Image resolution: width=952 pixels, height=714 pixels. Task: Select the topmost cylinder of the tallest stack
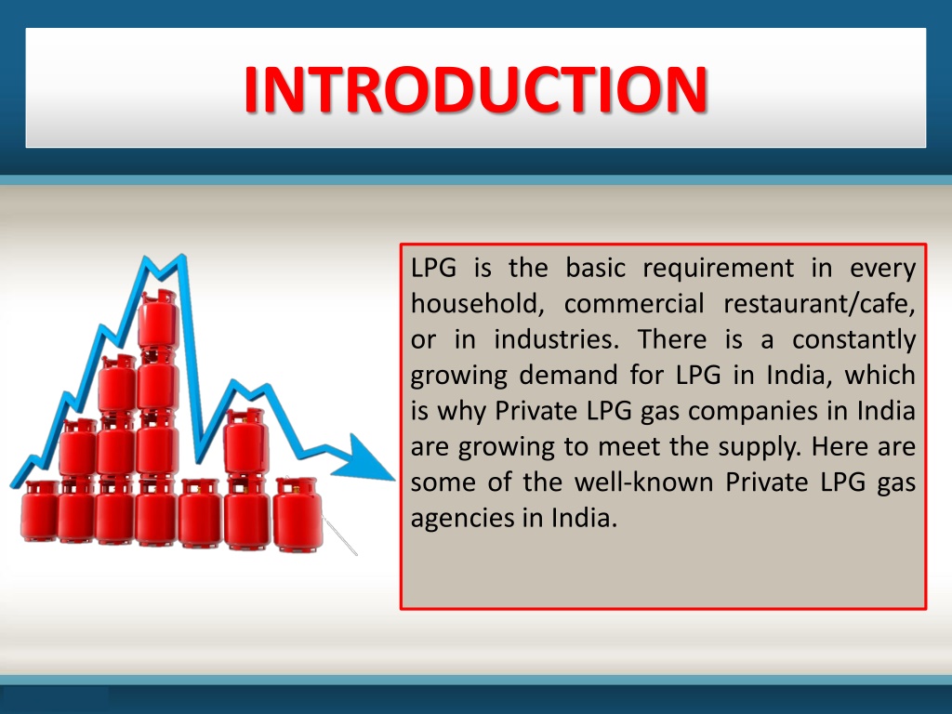click(156, 316)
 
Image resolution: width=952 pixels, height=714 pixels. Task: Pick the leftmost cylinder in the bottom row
click(41, 511)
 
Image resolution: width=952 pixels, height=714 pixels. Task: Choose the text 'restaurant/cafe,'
click(819, 304)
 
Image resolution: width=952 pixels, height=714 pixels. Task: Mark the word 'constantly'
click(853, 340)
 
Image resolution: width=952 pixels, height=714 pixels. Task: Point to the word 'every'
click(882, 269)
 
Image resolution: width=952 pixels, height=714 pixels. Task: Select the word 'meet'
click(631, 447)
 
